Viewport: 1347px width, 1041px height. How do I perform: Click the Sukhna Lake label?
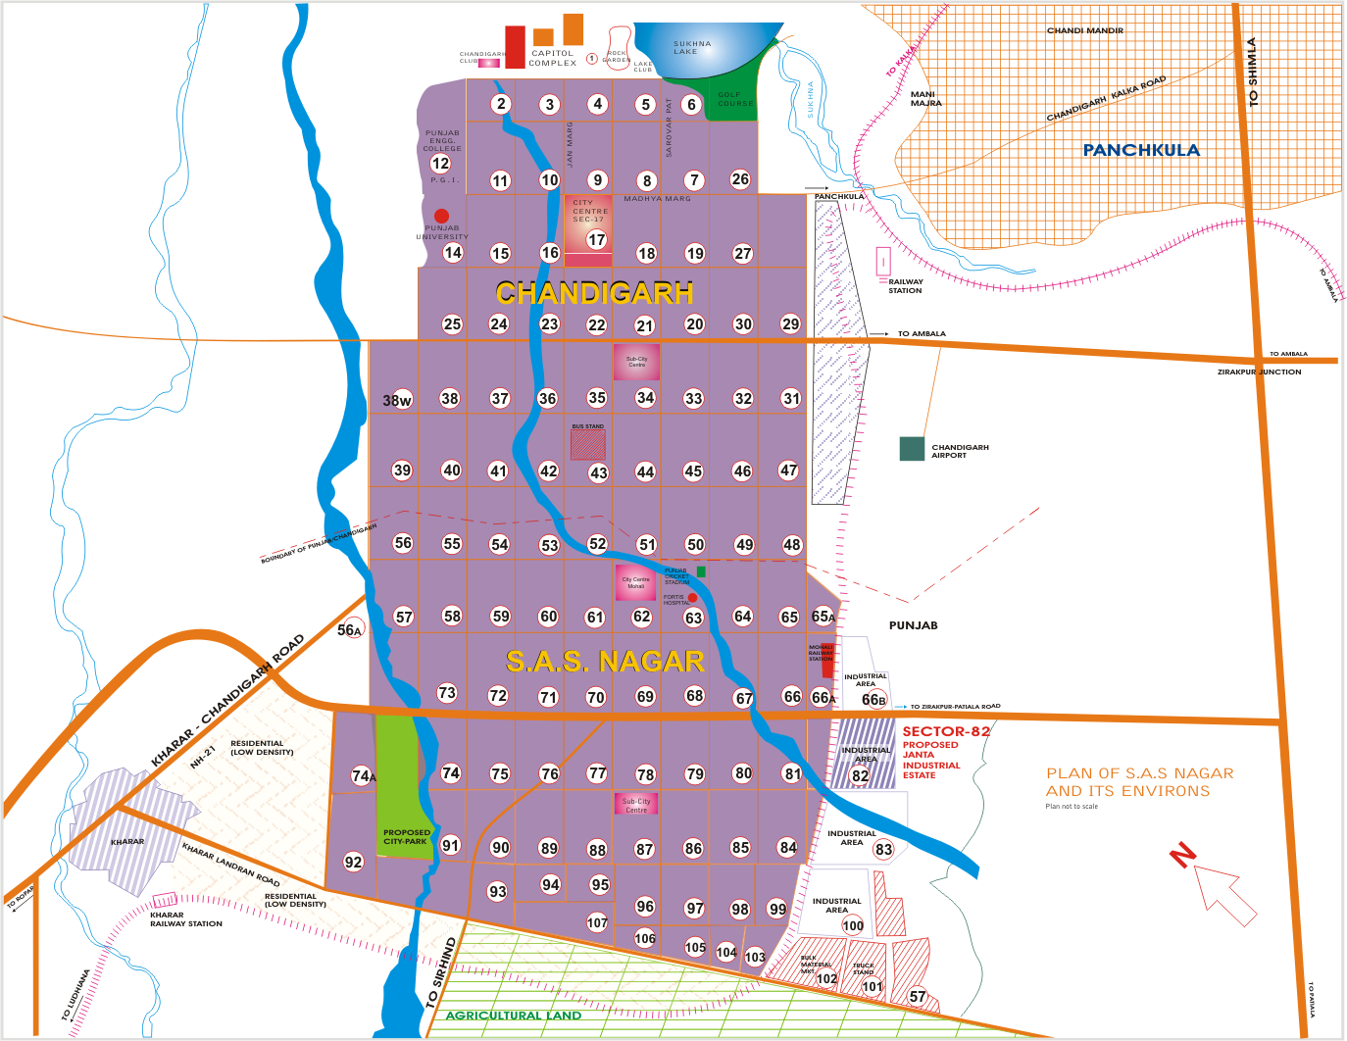coord(692,47)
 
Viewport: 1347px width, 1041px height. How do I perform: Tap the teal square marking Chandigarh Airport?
coord(912,449)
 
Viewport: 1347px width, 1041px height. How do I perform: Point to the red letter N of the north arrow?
coord(1183,855)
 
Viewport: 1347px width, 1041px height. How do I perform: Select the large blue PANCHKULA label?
coord(1141,150)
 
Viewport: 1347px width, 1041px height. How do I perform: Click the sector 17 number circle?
coord(597,239)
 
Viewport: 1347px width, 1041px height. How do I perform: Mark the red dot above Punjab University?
coord(442,216)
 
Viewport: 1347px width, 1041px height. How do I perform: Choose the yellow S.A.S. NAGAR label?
coord(605,662)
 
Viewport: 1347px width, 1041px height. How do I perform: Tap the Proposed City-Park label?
coord(406,837)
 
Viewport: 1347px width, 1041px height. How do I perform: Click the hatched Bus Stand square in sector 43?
coord(588,444)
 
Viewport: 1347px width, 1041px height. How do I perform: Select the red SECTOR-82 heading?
coord(946,731)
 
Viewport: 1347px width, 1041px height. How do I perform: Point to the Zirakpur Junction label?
coord(1259,372)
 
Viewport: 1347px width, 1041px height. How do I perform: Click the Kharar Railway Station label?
coord(185,919)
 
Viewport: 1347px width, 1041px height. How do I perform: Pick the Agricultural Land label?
coord(514,1016)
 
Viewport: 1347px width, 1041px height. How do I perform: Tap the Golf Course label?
coord(735,99)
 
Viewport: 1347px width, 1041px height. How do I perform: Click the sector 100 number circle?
coord(853,925)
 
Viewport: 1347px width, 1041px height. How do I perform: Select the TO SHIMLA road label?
coord(1252,72)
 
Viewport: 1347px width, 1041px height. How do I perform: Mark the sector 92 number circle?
coord(353,862)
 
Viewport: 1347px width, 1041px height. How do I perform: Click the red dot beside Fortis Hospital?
coord(692,598)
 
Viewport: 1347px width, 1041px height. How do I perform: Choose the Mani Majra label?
coord(925,99)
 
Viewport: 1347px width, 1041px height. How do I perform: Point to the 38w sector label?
coord(397,400)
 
